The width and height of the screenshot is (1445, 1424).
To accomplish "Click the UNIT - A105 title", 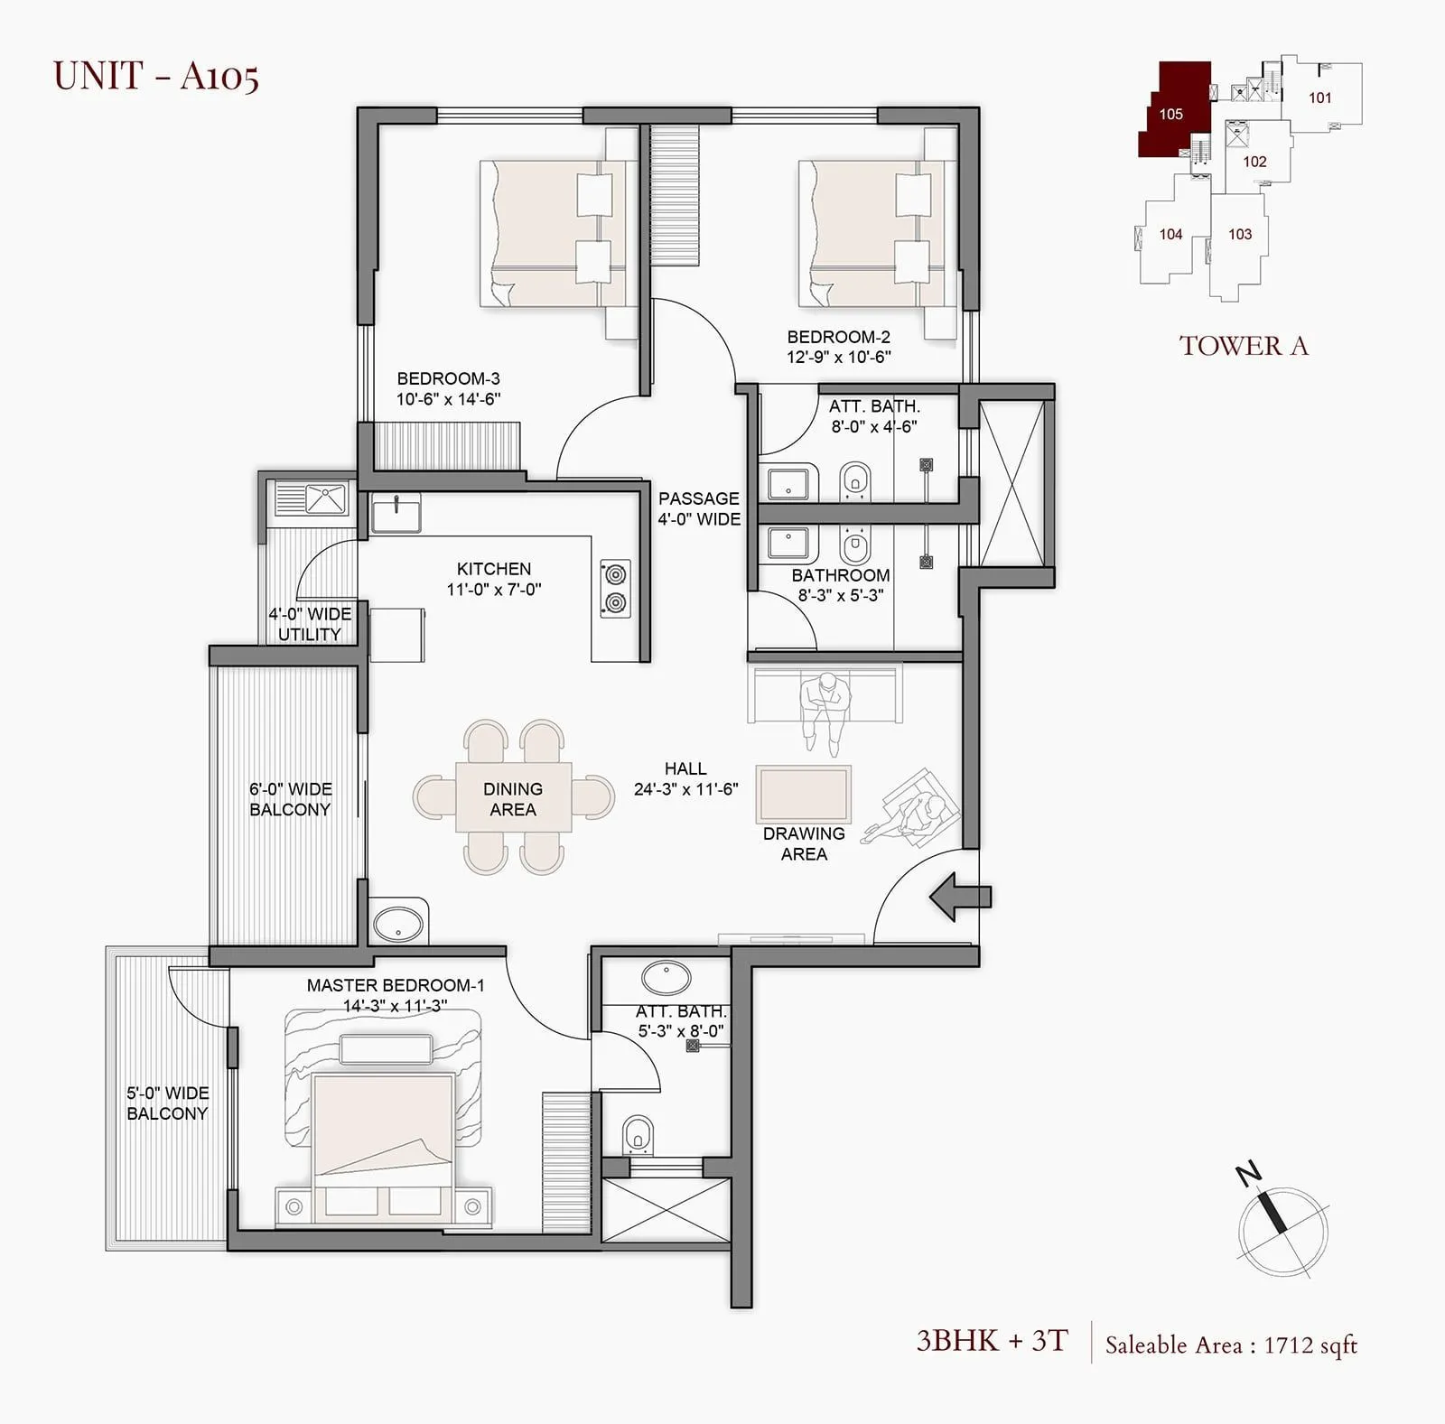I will (156, 76).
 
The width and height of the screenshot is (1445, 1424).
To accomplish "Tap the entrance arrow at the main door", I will (960, 897).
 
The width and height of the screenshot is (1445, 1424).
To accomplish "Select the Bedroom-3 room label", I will (448, 378).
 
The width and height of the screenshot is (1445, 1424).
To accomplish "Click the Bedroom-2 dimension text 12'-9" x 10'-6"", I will (838, 357).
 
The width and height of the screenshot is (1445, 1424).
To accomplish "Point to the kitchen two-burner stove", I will (615, 589).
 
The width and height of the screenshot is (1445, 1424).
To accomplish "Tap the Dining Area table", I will (513, 798).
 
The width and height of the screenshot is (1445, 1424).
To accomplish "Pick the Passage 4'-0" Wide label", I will (698, 508).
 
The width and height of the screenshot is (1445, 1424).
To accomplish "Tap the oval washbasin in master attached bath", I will (667, 978).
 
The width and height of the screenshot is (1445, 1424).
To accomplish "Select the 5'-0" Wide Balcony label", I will (167, 1103).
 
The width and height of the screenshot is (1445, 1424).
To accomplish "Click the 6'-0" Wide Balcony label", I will (290, 799).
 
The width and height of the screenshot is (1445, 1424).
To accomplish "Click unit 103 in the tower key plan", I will (1239, 235).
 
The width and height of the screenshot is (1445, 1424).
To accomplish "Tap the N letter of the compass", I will (1248, 1175).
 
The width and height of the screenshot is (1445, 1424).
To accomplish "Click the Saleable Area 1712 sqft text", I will (1231, 1345).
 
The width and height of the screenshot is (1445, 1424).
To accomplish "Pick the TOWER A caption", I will (1243, 346).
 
